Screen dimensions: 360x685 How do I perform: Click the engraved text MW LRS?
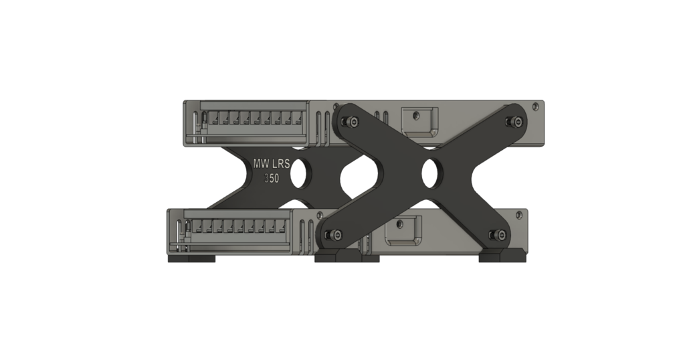[271, 163]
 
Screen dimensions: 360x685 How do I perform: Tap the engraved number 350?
[271, 179]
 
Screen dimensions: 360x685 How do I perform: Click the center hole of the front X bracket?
[430, 173]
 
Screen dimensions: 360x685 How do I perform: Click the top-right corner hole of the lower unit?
[518, 214]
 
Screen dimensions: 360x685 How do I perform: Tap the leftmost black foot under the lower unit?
[191, 257]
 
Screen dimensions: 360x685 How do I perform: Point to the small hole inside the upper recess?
[415, 115]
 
